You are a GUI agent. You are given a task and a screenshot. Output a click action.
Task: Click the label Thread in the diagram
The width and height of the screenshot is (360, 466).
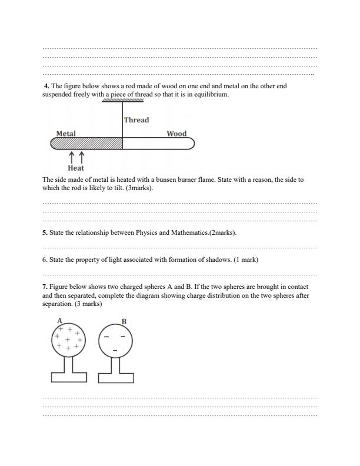(x=136, y=120)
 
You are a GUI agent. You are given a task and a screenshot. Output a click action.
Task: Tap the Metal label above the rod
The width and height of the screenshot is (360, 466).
(x=65, y=134)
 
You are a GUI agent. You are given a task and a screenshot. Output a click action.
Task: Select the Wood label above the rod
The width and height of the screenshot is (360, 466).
(x=176, y=134)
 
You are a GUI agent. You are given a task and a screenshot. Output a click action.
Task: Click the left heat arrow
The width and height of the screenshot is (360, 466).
(x=72, y=157)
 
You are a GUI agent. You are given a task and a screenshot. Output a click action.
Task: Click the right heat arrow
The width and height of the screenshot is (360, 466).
(x=81, y=157)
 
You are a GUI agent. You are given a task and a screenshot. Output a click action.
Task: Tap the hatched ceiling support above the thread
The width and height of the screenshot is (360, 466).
(x=122, y=101)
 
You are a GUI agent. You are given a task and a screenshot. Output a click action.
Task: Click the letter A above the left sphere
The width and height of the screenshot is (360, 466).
(x=59, y=320)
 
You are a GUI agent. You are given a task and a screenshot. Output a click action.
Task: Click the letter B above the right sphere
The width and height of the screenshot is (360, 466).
(x=124, y=321)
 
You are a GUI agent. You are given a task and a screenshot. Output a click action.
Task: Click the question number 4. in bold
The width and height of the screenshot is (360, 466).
(x=48, y=86)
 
